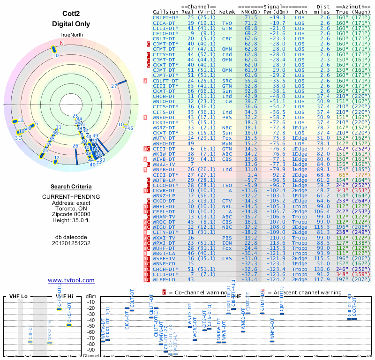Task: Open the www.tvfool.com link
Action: pyautogui.click(x=71, y=280)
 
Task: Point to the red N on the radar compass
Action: pyautogui.click(x=61, y=44)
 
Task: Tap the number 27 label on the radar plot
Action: pyautogui.click(x=114, y=86)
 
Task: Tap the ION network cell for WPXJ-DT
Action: pyautogui.click(x=227, y=242)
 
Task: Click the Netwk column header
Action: pyautogui.click(x=227, y=11)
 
